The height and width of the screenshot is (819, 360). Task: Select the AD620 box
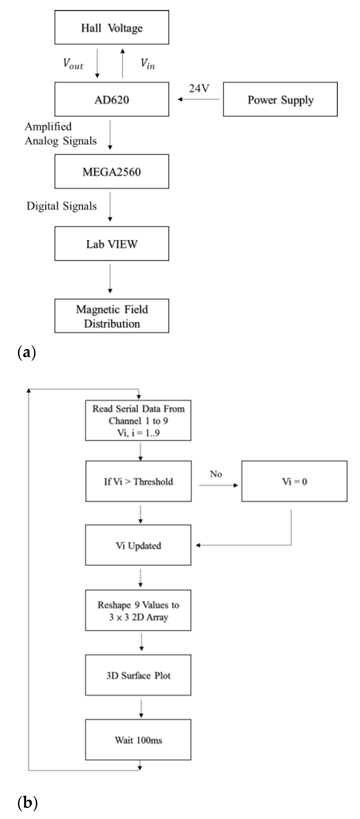click(x=112, y=100)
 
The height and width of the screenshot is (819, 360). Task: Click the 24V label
click(x=199, y=88)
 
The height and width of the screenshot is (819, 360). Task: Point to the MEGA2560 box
click(x=112, y=172)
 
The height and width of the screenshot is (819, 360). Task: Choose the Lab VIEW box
click(x=112, y=244)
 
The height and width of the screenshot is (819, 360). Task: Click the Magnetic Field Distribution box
click(x=112, y=316)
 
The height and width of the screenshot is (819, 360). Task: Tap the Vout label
click(x=73, y=64)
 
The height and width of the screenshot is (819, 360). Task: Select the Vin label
click(x=147, y=64)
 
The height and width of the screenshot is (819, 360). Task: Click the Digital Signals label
click(x=61, y=206)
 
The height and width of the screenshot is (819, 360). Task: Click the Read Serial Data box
click(x=138, y=420)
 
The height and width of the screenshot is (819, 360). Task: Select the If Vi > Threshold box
click(x=138, y=481)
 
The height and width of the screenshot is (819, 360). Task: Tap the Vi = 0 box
click(x=294, y=481)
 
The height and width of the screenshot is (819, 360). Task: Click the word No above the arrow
click(x=216, y=474)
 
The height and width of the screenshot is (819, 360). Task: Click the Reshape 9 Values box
click(x=138, y=611)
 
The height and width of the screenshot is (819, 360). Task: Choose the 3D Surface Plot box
click(x=138, y=675)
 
